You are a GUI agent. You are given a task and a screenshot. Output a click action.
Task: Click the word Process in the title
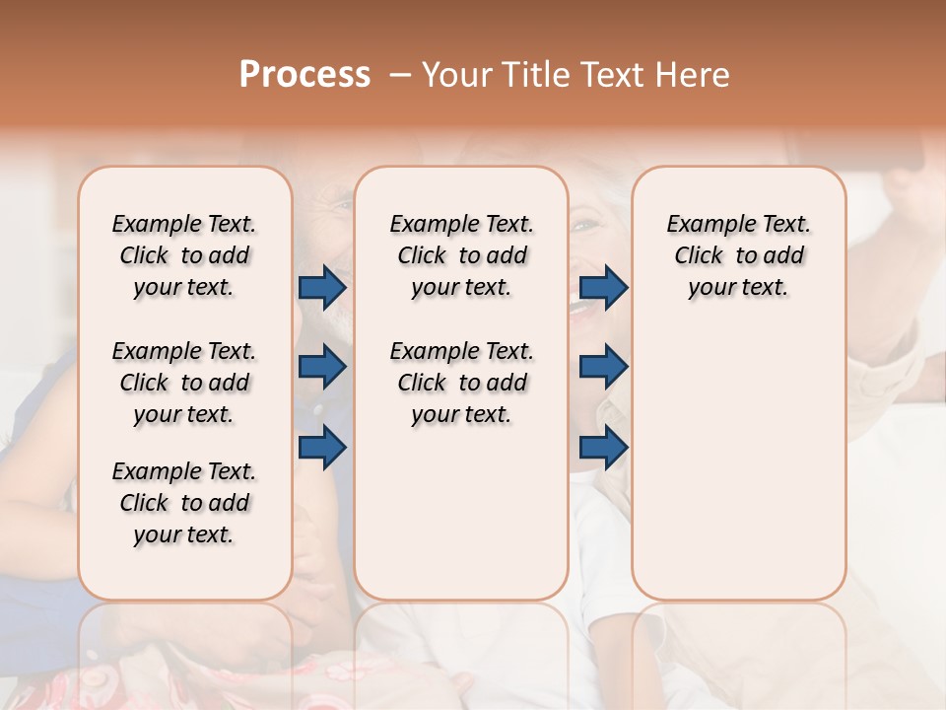pyautogui.click(x=304, y=75)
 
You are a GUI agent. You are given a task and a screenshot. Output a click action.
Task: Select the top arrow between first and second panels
pyautogui.click(x=322, y=287)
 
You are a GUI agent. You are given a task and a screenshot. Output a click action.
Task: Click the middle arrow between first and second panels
pyautogui.click(x=322, y=367)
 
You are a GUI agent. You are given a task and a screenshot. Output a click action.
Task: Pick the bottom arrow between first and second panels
pyautogui.click(x=322, y=447)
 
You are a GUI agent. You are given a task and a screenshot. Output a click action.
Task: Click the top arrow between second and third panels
pyautogui.click(x=603, y=287)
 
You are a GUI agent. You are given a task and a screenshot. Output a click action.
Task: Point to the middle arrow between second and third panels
pyautogui.click(x=603, y=367)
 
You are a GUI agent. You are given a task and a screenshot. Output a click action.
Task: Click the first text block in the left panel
pyautogui.click(x=184, y=255)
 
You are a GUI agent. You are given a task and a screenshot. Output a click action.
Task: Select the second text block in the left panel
pyautogui.click(x=184, y=383)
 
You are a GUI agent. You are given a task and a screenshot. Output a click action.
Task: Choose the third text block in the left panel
pyautogui.click(x=184, y=503)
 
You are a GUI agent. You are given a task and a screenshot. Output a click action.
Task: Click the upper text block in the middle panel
pyautogui.click(x=461, y=255)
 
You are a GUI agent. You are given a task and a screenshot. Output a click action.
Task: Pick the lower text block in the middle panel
pyautogui.click(x=461, y=383)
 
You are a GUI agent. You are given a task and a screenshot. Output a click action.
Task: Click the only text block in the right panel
pyautogui.click(x=738, y=255)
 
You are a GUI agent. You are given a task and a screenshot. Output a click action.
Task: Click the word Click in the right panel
pyautogui.click(x=699, y=256)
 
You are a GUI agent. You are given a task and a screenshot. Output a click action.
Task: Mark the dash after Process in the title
pyautogui.click(x=399, y=75)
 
